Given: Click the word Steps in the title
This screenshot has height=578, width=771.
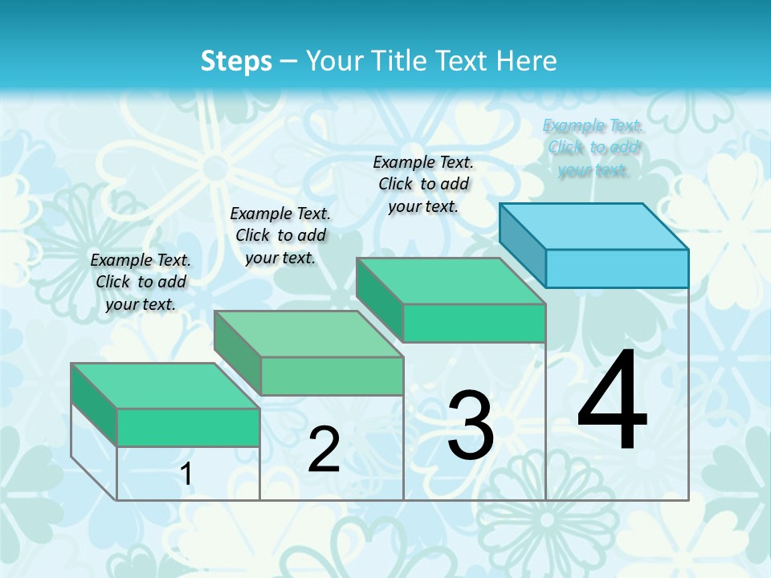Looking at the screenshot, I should tap(236, 61).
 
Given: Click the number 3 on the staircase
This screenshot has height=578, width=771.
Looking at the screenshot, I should tap(471, 425).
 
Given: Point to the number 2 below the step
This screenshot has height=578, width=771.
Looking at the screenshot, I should tap(324, 450).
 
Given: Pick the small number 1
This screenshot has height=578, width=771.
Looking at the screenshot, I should tap(186, 474).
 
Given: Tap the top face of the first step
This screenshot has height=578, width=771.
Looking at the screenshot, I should tap(165, 385).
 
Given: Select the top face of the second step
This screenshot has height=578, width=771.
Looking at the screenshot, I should tap(308, 334).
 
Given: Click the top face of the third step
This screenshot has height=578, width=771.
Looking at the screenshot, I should tap(451, 281).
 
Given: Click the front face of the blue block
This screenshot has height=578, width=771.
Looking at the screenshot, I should tap(617, 268).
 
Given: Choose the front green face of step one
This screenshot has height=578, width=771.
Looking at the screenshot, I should tap(188, 427).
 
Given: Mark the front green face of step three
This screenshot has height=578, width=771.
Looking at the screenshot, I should tap(474, 323).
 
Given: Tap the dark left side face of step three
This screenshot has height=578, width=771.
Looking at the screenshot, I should tap(379, 299).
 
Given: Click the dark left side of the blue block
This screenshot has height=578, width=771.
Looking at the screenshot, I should tap(522, 245).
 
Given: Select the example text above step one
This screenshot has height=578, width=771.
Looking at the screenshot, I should tap(141, 282).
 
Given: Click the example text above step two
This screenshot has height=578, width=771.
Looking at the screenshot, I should tap(280, 235).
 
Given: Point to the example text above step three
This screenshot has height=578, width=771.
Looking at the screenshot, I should tap(423, 184).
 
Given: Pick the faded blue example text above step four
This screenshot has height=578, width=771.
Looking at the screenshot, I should tap(593, 148).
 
